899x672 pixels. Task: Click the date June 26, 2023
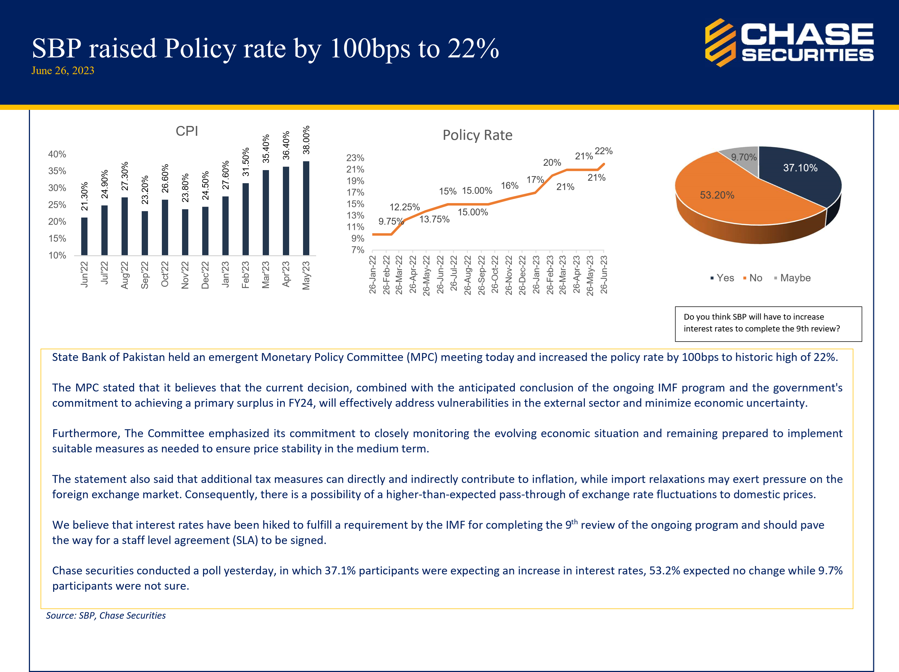[63, 71]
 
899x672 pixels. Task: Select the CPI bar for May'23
[306, 208]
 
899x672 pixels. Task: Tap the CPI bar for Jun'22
[84, 236]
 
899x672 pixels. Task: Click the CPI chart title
[187, 131]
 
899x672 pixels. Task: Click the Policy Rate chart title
[477, 135]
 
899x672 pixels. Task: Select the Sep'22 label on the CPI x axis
[145, 275]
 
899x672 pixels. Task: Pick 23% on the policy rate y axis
[355, 158]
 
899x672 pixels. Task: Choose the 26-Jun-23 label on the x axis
[604, 275]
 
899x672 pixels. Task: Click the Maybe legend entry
[792, 278]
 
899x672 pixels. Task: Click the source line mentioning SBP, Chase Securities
[106, 616]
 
